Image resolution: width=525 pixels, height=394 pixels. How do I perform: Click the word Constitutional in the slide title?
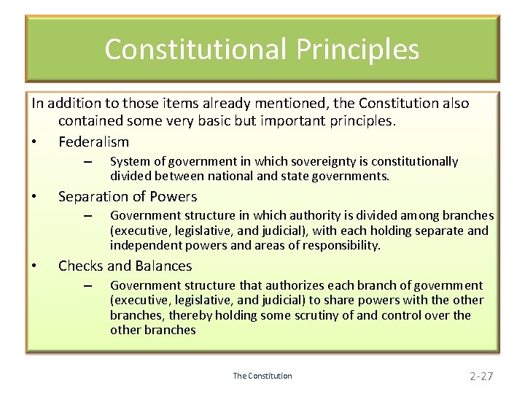(195, 49)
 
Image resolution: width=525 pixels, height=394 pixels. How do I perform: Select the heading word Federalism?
(93, 142)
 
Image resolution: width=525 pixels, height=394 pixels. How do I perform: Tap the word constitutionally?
(417, 161)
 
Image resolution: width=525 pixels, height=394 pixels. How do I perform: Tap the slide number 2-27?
(481, 376)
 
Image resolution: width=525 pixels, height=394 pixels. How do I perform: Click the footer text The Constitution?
(262, 376)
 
